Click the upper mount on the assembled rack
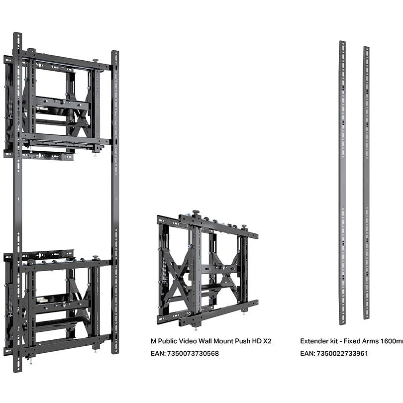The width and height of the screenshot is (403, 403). pyautogui.click(x=57, y=104)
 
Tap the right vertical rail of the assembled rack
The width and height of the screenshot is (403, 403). pyautogui.click(x=115, y=199)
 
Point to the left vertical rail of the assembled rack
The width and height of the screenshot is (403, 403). pyautogui.click(x=18, y=199)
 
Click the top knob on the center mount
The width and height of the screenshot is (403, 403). pyautogui.click(x=197, y=213)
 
